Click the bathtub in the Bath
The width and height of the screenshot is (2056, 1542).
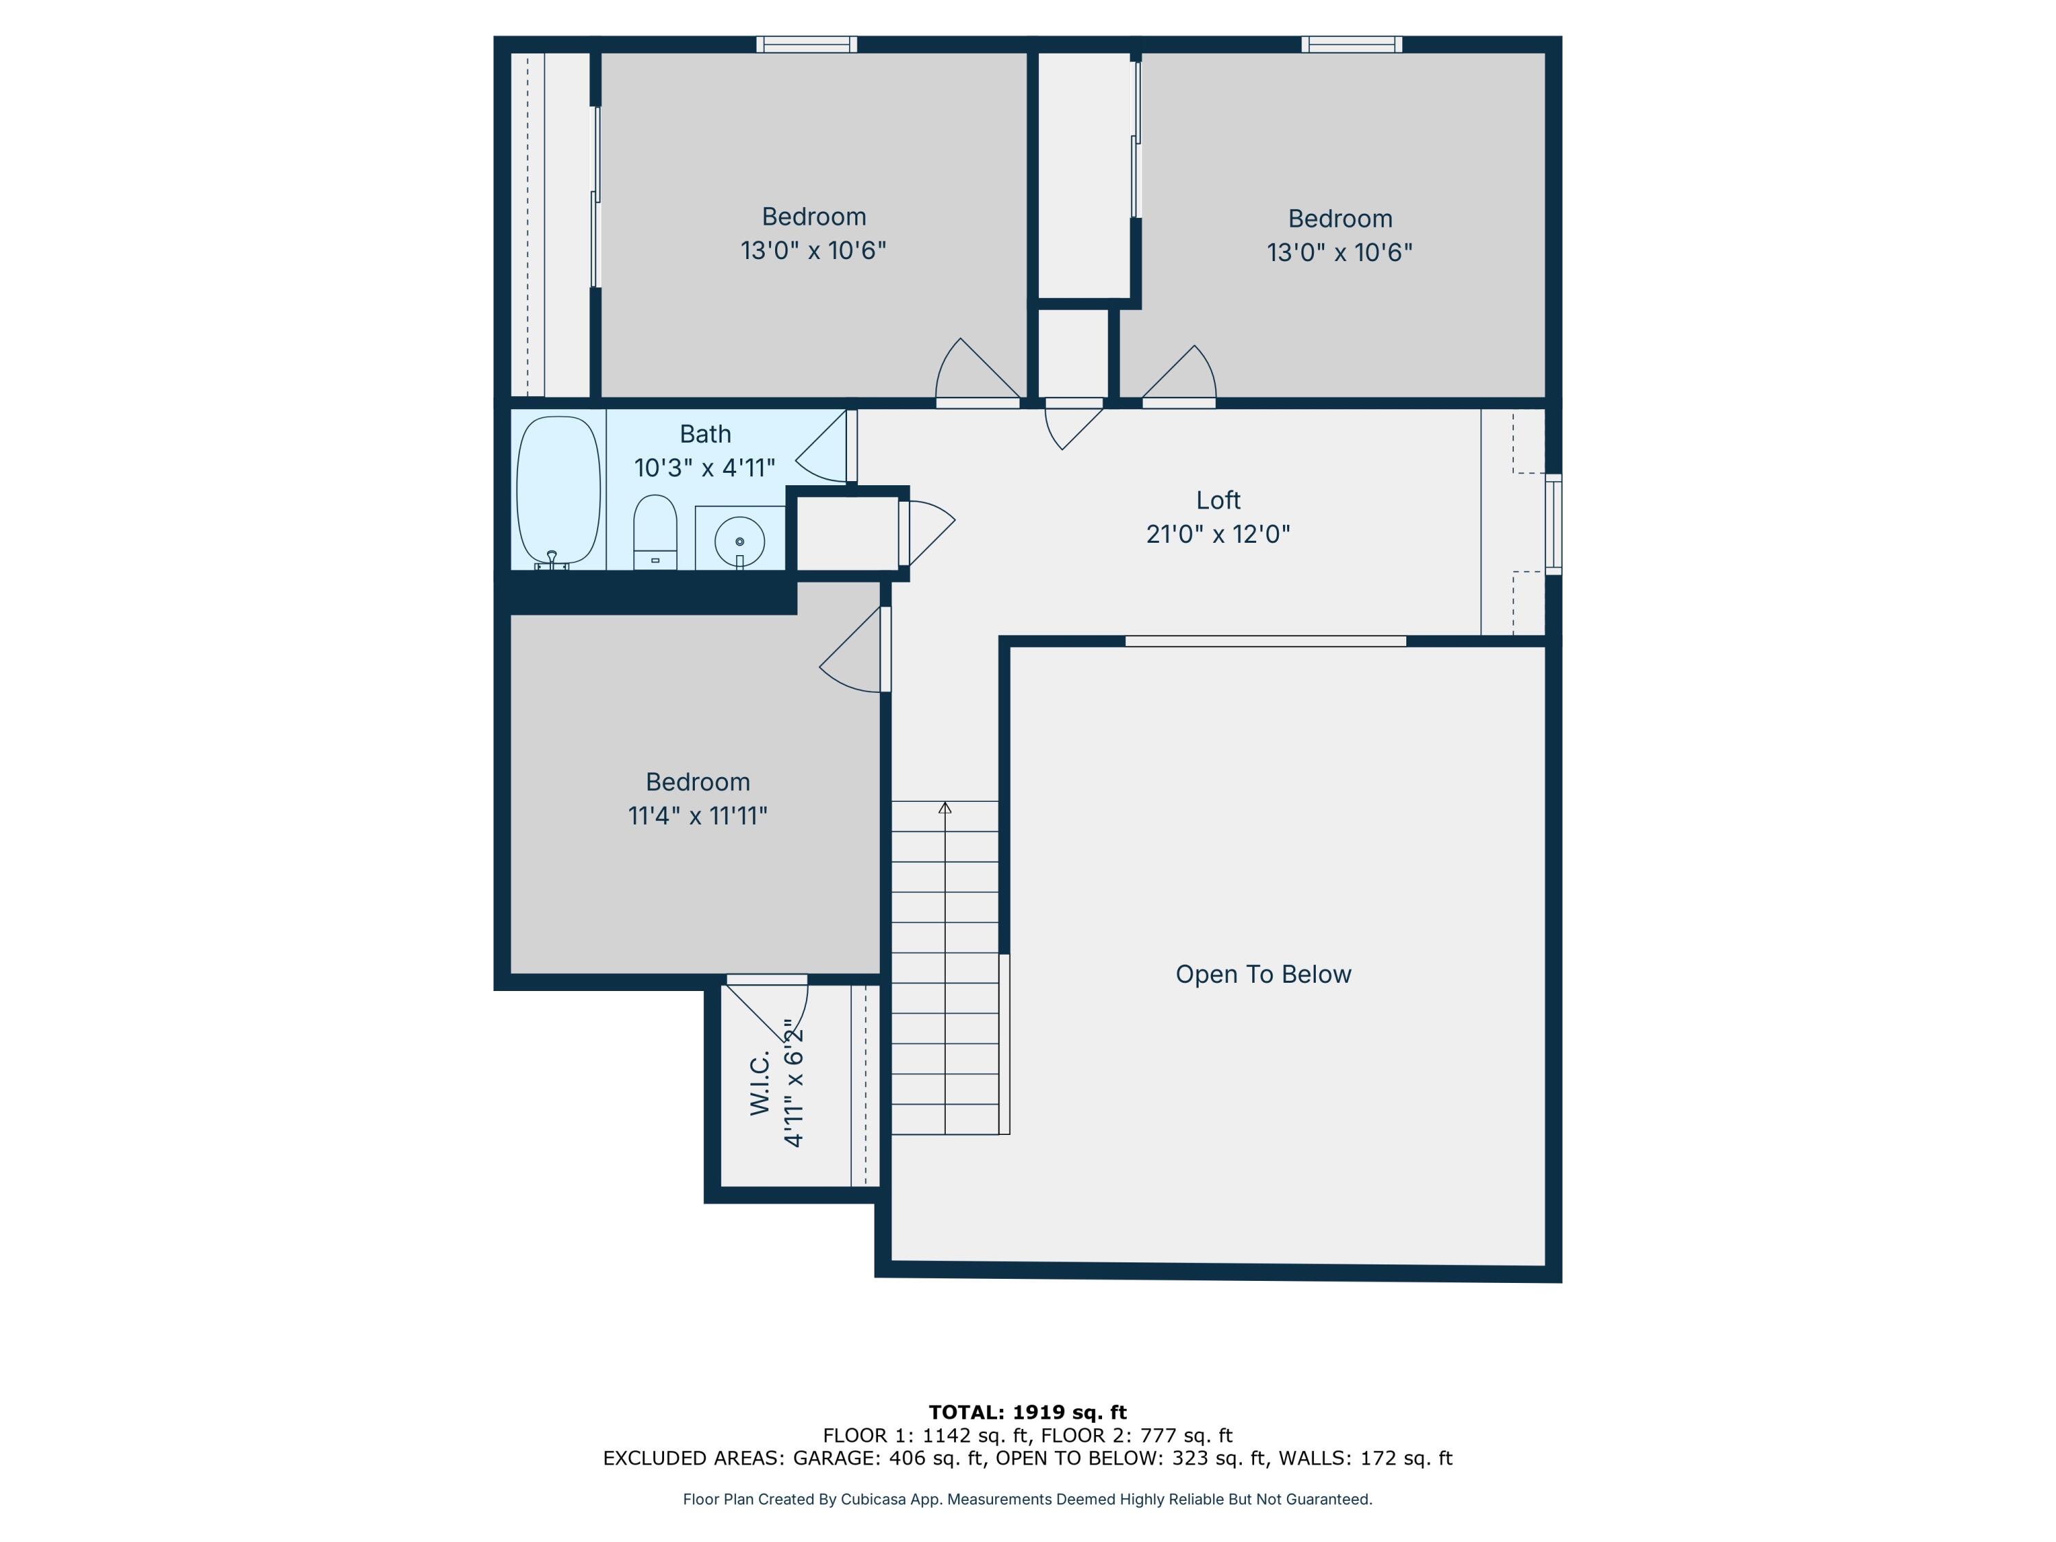click(558, 490)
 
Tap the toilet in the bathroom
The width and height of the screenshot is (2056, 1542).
click(655, 532)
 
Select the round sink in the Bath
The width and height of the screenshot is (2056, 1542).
click(740, 540)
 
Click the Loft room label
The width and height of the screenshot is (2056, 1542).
click(1218, 500)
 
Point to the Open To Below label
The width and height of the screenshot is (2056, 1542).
click(1262, 974)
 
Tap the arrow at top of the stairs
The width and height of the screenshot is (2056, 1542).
click(945, 808)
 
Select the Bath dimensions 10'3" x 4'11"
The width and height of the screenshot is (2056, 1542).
click(705, 467)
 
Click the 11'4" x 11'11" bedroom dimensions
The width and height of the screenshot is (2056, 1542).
click(697, 815)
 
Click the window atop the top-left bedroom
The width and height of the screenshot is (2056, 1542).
click(806, 44)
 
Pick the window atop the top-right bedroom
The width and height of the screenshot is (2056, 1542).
click(1351, 44)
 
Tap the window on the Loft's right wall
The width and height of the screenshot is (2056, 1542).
click(1553, 524)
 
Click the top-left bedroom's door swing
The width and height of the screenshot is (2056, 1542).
click(971, 371)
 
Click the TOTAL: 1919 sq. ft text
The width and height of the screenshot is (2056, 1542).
click(1027, 1412)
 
